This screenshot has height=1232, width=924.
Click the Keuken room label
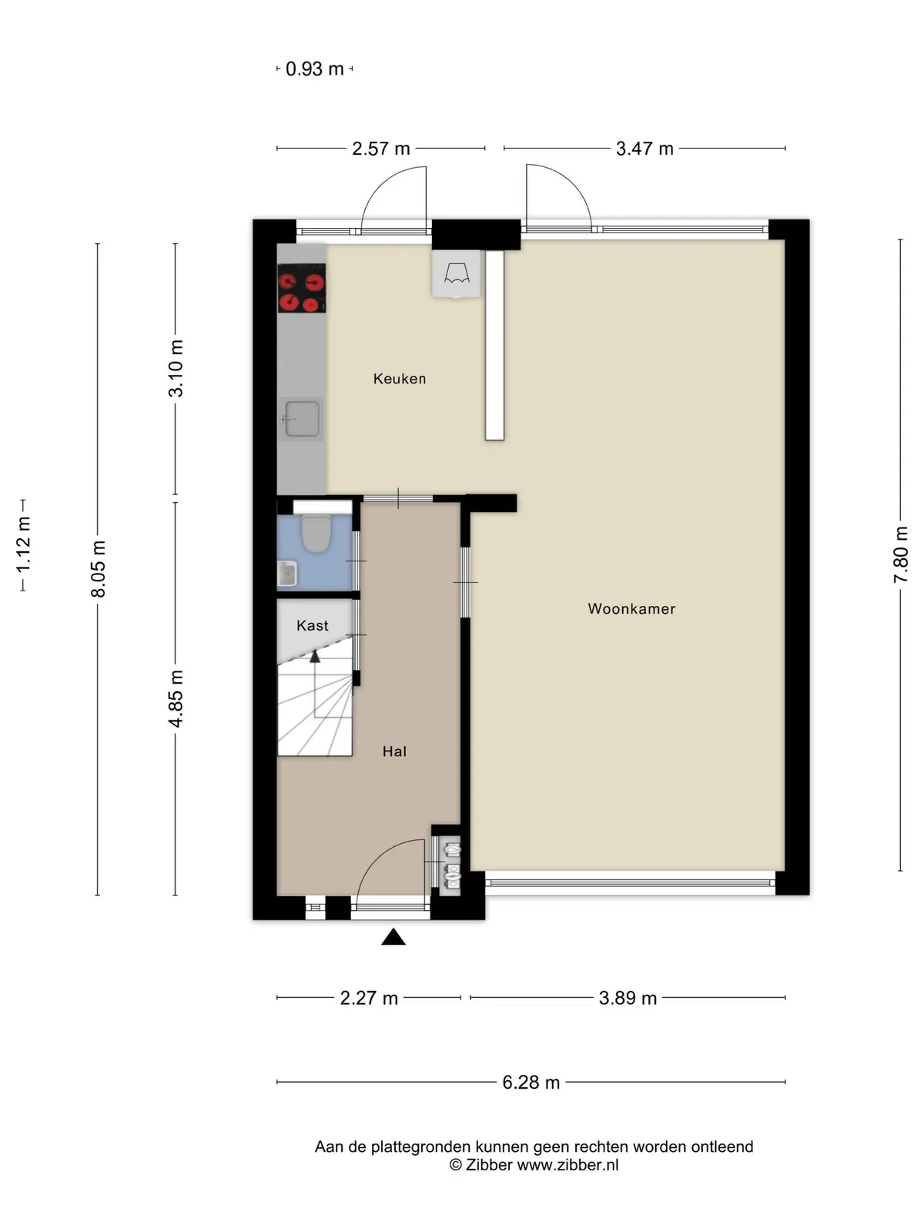pos(400,379)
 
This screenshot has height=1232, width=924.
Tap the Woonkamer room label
pos(631,609)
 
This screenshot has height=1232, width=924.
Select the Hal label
pos(394,752)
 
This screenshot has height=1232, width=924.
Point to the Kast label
pos(313,625)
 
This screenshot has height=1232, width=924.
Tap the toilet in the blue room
pos(316,533)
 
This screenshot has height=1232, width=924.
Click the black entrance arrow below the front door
pos(393,937)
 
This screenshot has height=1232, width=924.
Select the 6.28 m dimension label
pos(531,1082)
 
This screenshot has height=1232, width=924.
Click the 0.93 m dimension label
pos(315,69)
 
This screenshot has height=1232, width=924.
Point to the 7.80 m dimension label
pos(900,554)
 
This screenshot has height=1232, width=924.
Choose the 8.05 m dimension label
pos(99,568)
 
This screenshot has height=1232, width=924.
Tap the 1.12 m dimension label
pos(23,546)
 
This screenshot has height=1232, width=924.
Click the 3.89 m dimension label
pos(628,998)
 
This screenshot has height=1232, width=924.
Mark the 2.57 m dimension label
pos(381,149)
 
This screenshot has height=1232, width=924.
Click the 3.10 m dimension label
pos(176,368)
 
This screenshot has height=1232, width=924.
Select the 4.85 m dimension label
pos(176,699)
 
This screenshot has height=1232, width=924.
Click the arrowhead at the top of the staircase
pos(315,656)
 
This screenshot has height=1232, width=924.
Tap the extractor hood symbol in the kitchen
pos(456,274)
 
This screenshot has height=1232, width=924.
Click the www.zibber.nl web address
pos(567,1165)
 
